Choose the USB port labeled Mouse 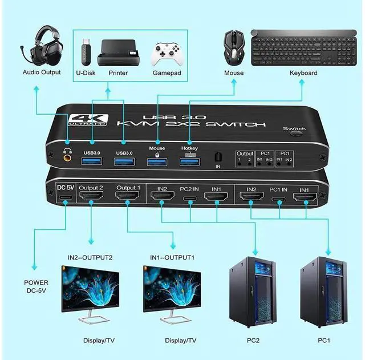[156, 163]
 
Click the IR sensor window [218, 157]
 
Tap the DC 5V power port [64, 199]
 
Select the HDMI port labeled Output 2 [91, 197]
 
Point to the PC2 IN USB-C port [188, 199]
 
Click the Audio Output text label [42, 72]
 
